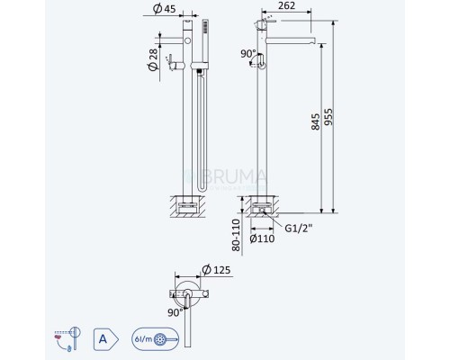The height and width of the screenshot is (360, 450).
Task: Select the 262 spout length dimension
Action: tap(286, 8)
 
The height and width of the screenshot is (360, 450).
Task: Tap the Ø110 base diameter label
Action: tap(262, 239)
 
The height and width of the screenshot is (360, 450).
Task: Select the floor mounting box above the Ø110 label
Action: tap(265, 204)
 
